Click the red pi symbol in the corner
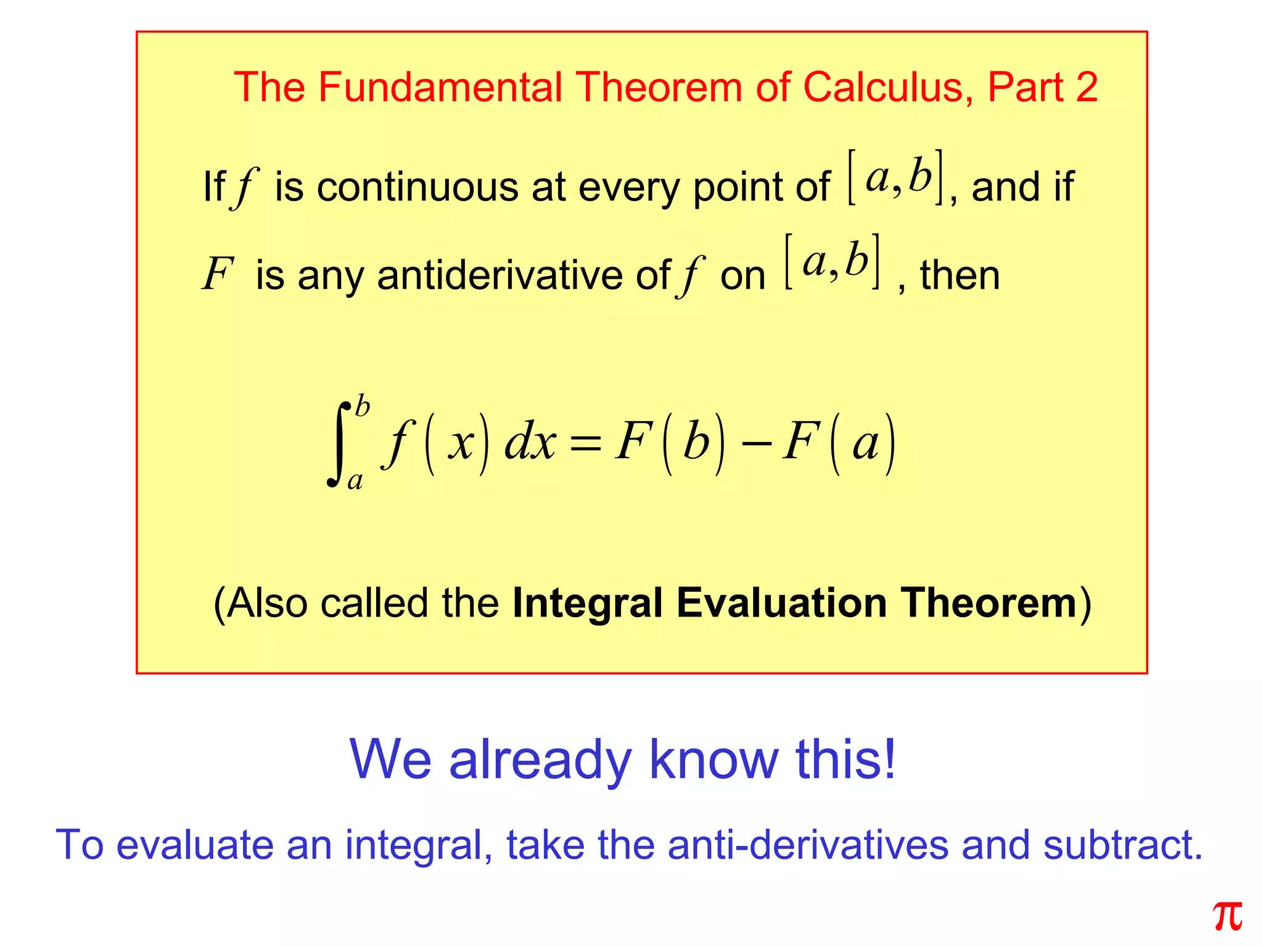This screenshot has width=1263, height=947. point(1227,917)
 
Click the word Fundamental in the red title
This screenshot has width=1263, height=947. point(440,87)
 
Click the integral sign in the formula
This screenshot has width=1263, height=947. point(339,444)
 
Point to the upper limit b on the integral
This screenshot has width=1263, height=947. point(363,408)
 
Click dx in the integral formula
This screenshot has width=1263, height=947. point(530,443)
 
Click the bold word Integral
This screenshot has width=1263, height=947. point(588,604)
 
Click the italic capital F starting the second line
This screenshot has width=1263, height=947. point(218,274)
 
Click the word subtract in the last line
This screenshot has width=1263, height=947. point(1122,845)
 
